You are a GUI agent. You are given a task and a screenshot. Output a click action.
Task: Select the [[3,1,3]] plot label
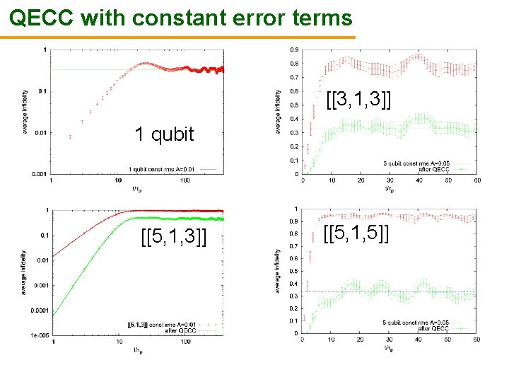coord(358,99)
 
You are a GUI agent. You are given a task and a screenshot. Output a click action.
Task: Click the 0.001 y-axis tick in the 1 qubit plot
coord(40,173)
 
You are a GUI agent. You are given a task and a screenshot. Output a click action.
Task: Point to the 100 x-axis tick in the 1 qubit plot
coord(185,180)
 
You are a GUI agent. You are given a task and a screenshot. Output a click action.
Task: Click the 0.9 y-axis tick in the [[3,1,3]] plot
coord(293,50)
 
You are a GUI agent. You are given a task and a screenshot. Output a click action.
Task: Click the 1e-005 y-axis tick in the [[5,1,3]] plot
coord(38,335)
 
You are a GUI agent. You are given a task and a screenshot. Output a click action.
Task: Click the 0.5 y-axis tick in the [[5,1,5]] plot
coord(293,271)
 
